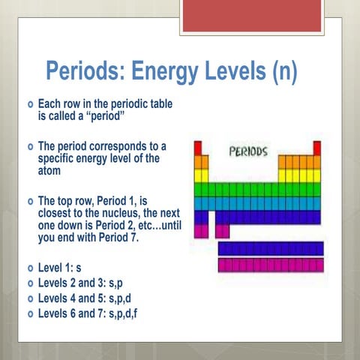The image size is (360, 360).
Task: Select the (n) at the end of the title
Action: (282, 73)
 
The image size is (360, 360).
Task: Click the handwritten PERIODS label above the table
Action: (247, 150)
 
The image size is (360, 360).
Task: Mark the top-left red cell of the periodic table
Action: (198, 148)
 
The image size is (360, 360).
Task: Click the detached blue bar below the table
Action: (270, 248)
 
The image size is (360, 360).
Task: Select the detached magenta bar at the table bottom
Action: (270, 265)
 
